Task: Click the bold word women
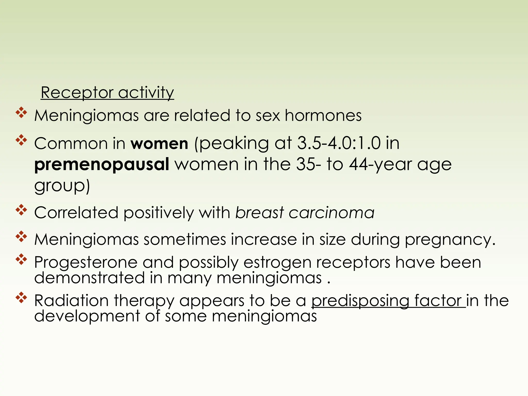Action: click(159, 143)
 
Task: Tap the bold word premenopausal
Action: click(102, 164)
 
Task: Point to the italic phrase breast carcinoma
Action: click(305, 213)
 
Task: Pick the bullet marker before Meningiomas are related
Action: click(21, 113)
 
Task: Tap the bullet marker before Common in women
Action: click(21, 140)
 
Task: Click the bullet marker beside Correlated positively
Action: click(21, 210)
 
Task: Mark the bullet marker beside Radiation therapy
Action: click(21, 298)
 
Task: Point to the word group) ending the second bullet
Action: click(62, 186)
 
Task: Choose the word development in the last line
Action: click(87, 316)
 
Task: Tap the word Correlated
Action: click(76, 213)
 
